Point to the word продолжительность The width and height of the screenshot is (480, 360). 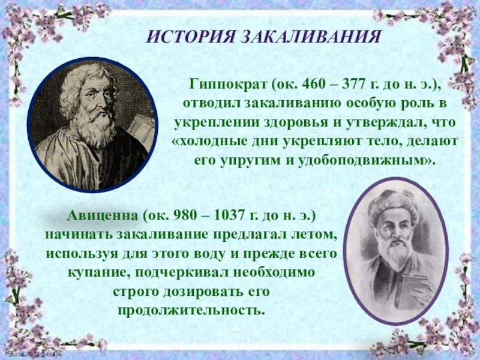tap(190, 311)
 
